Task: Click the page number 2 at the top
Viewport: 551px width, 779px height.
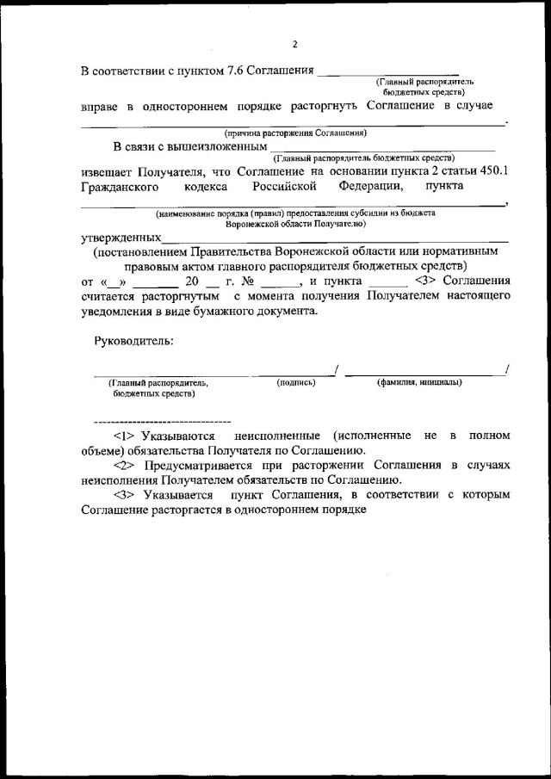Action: pyautogui.click(x=294, y=45)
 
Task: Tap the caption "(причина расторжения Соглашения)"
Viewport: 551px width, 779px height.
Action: pyautogui.click(x=295, y=133)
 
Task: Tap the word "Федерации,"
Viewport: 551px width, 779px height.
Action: pyautogui.click(x=370, y=185)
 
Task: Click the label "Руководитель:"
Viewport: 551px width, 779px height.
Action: pyautogui.click(x=133, y=341)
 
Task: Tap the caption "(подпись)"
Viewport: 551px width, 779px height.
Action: pyautogui.click(x=296, y=382)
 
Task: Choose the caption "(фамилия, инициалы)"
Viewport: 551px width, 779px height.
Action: pyautogui.click(x=419, y=382)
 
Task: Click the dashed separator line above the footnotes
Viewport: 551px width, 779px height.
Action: pyautogui.click(x=162, y=421)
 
